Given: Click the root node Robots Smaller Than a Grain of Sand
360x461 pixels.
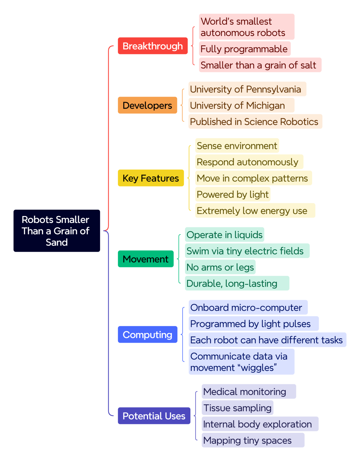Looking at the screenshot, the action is (x=57, y=231).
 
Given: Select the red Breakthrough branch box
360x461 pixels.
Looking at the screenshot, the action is (x=153, y=46).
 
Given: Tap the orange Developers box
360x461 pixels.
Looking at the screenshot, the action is (x=147, y=105).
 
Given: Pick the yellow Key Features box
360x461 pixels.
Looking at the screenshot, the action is (x=151, y=178).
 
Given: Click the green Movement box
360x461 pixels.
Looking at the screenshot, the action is (x=146, y=259).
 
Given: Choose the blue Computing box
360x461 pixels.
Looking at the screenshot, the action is (x=148, y=335).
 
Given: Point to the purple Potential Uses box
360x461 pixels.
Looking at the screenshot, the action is (x=154, y=416).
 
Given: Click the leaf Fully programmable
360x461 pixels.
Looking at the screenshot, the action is (x=245, y=49).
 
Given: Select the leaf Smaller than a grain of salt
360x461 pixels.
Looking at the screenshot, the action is (x=260, y=65).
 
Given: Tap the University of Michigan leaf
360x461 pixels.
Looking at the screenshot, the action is (x=241, y=105).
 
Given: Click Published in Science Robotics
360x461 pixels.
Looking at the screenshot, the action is (x=255, y=122).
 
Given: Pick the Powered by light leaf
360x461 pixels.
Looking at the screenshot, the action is (x=233, y=194).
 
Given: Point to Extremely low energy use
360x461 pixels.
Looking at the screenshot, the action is (x=255, y=210).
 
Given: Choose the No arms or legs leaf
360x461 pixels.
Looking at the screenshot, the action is (x=220, y=267).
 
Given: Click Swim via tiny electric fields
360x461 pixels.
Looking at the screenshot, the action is (x=247, y=251).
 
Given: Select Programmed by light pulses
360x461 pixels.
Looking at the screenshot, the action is (x=254, y=324).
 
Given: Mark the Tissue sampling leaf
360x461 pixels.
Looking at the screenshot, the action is (x=237, y=408).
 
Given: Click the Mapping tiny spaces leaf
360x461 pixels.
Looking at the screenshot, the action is (x=253, y=440).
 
